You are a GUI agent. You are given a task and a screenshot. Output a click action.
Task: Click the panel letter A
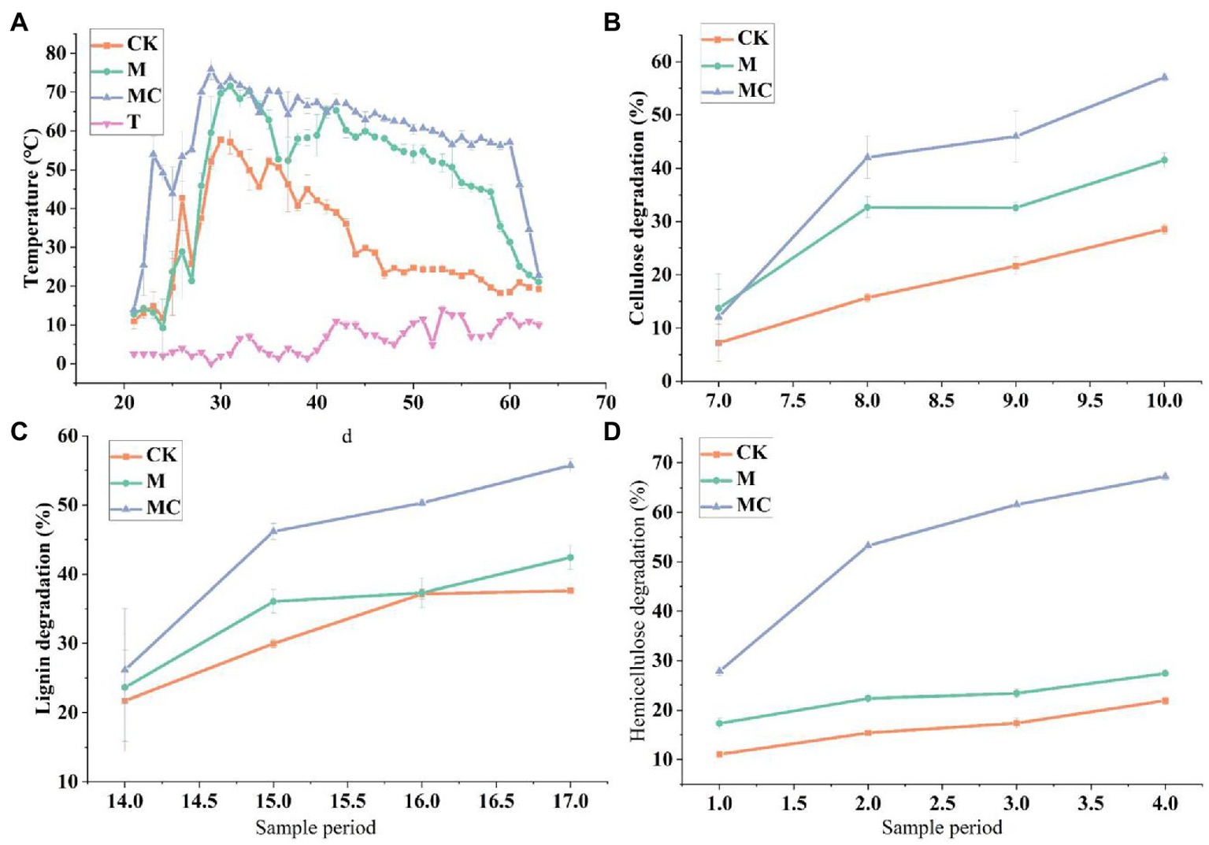19,23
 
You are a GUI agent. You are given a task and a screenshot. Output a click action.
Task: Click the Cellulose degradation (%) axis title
637,207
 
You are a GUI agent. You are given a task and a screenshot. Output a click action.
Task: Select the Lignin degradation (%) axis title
44,608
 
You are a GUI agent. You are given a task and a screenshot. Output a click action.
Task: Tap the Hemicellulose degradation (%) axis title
637,610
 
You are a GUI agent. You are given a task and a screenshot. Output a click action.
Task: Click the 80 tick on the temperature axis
54,54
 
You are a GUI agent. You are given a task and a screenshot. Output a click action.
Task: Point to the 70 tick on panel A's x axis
606,402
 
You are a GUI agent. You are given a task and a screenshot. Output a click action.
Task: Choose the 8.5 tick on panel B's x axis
941,401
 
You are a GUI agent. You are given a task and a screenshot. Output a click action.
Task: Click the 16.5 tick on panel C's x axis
496,802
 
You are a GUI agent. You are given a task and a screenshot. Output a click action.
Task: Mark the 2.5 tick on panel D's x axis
943,803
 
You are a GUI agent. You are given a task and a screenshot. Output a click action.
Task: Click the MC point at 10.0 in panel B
1164,77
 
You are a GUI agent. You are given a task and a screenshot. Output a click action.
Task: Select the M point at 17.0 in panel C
570,558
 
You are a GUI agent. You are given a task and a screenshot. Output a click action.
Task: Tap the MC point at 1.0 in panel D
719,671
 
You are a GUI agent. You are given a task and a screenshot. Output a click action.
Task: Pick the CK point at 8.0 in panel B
867,298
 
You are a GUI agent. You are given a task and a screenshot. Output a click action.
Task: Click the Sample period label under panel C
315,828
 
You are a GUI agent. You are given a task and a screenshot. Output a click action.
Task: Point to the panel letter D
612,432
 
